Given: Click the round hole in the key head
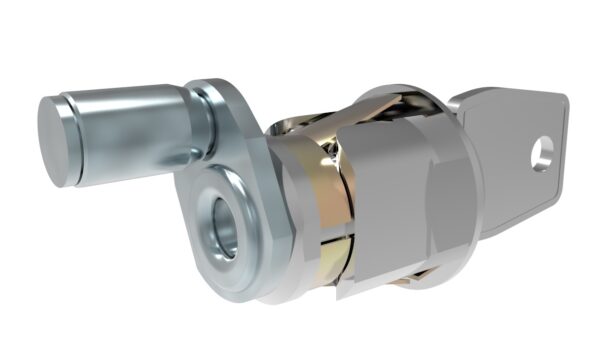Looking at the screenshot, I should [541, 153].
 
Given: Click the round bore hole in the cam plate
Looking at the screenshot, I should [223, 228].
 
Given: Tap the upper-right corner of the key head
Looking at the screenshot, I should [562, 101].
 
